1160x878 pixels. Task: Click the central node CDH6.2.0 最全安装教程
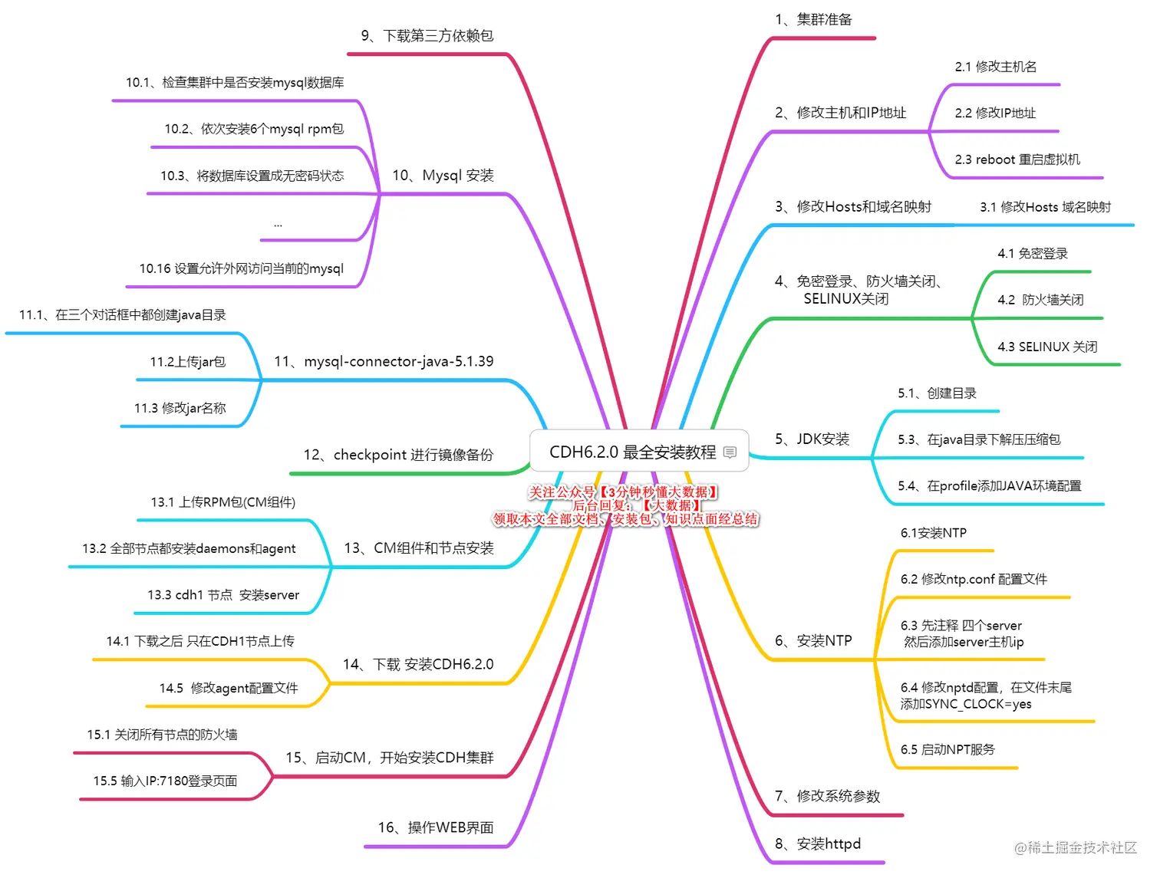pyautogui.click(x=632, y=452)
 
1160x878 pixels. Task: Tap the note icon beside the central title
pyautogui.click(x=730, y=452)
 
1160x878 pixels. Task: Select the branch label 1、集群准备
pyautogui.click(x=813, y=20)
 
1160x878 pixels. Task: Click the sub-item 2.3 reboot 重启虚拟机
pyautogui.click(x=1017, y=159)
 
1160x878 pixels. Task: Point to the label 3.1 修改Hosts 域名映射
pyautogui.click(x=1045, y=207)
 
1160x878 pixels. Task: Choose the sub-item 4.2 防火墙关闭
pyautogui.click(x=1040, y=300)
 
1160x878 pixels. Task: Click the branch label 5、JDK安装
pyautogui.click(x=812, y=439)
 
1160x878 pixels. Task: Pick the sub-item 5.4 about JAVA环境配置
pyautogui.click(x=989, y=486)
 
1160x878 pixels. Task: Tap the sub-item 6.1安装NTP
pyautogui.click(x=933, y=533)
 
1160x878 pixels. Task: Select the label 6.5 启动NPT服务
pyautogui.click(x=947, y=749)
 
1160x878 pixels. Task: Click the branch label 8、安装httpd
pyautogui.click(x=817, y=844)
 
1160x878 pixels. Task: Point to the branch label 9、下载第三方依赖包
pyautogui.click(x=427, y=36)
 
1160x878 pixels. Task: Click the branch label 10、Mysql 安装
pyautogui.click(x=443, y=176)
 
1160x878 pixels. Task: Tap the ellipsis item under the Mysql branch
pyautogui.click(x=278, y=224)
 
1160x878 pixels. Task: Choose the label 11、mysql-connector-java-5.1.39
pyautogui.click(x=384, y=361)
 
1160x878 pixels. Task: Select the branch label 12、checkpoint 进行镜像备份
pyautogui.click(x=398, y=455)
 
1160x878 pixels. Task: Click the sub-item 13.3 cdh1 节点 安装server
pyautogui.click(x=223, y=595)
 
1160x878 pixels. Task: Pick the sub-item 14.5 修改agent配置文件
pyautogui.click(x=229, y=688)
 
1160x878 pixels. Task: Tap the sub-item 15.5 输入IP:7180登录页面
pyautogui.click(x=165, y=781)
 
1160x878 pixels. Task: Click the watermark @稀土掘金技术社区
pyautogui.click(x=1075, y=847)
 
